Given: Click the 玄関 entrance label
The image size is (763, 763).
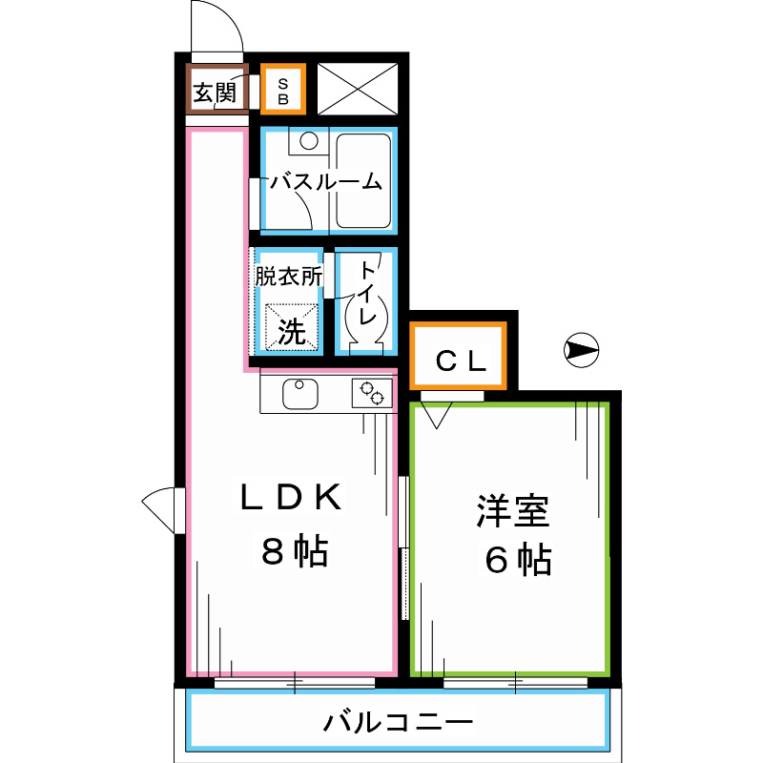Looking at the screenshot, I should point(215,93).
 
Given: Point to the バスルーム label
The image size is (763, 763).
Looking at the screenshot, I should point(324,182).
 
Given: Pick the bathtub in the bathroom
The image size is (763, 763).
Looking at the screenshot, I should point(362,180).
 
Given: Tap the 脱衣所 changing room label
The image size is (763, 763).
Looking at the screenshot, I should point(287,277).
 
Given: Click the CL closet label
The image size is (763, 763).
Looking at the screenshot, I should point(461,361).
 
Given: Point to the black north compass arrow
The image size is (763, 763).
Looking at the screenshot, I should point(580,351).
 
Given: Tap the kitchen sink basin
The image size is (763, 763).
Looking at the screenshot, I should point(300,392).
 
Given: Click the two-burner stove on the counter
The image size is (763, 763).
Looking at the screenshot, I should point(372,393).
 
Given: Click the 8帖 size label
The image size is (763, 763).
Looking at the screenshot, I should point(294,551).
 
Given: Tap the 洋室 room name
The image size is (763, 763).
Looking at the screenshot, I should point(512,513).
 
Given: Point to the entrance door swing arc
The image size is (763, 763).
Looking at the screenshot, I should point(216,29).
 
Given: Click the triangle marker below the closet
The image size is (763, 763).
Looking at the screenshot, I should point(438,416).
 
